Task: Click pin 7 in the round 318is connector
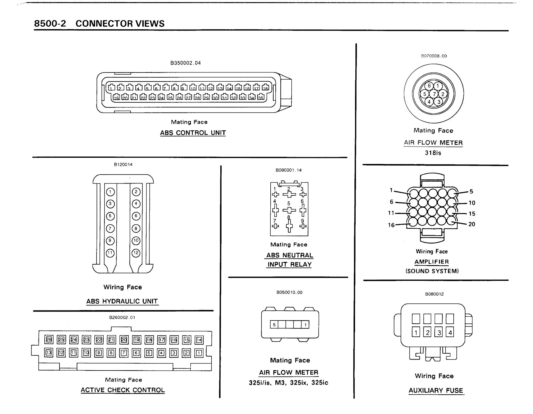(x=434, y=94)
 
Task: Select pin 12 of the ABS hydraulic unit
(x=136, y=253)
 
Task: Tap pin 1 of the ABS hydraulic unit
(x=110, y=192)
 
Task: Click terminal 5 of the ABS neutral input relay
(x=289, y=210)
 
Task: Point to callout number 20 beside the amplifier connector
(x=472, y=224)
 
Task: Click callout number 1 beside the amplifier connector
(x=391, y=190)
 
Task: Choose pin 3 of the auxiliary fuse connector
(x=439, y=332)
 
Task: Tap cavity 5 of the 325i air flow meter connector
(x=274, y=325)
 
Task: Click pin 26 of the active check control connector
(x=49, y=340)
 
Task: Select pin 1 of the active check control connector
(x=199, y=353)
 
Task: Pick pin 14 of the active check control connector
(x=199, y=340)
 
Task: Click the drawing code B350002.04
(x=185, y=63)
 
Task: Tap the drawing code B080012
(x=434, y=294)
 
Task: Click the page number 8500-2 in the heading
(x=50, y=23)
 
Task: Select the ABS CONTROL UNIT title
(x=193, y=133)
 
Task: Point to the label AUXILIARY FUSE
(x=436, y=390)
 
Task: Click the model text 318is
(x=433, y=153)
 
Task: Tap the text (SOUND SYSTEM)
(x=432, y=271)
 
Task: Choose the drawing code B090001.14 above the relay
(x=288, y=170)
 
